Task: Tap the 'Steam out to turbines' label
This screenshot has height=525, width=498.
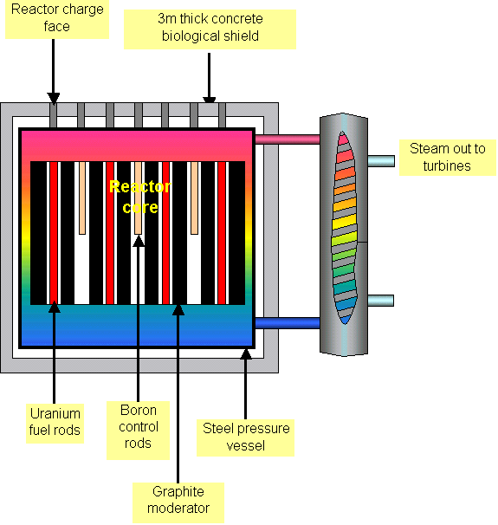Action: click(447, 157)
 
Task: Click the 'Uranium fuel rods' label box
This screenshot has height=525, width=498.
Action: click(55, 421)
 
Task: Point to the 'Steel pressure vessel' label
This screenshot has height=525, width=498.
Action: click(246, 437)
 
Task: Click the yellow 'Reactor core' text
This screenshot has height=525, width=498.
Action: click(139, 197)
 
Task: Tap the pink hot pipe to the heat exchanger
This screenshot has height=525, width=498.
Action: click(287, 139)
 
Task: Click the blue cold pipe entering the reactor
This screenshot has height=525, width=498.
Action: click(287, 323)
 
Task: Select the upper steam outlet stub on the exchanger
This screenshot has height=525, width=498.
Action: click(380, 160)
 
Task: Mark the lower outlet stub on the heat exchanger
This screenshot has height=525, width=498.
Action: click(380, 301)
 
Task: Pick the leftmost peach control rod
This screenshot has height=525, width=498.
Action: click(81, 198)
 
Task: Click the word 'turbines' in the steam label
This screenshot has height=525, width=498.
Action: click(448, 165)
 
